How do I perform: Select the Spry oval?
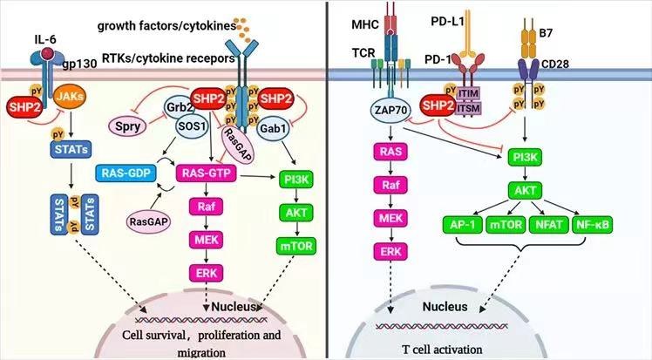coord(128,126)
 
